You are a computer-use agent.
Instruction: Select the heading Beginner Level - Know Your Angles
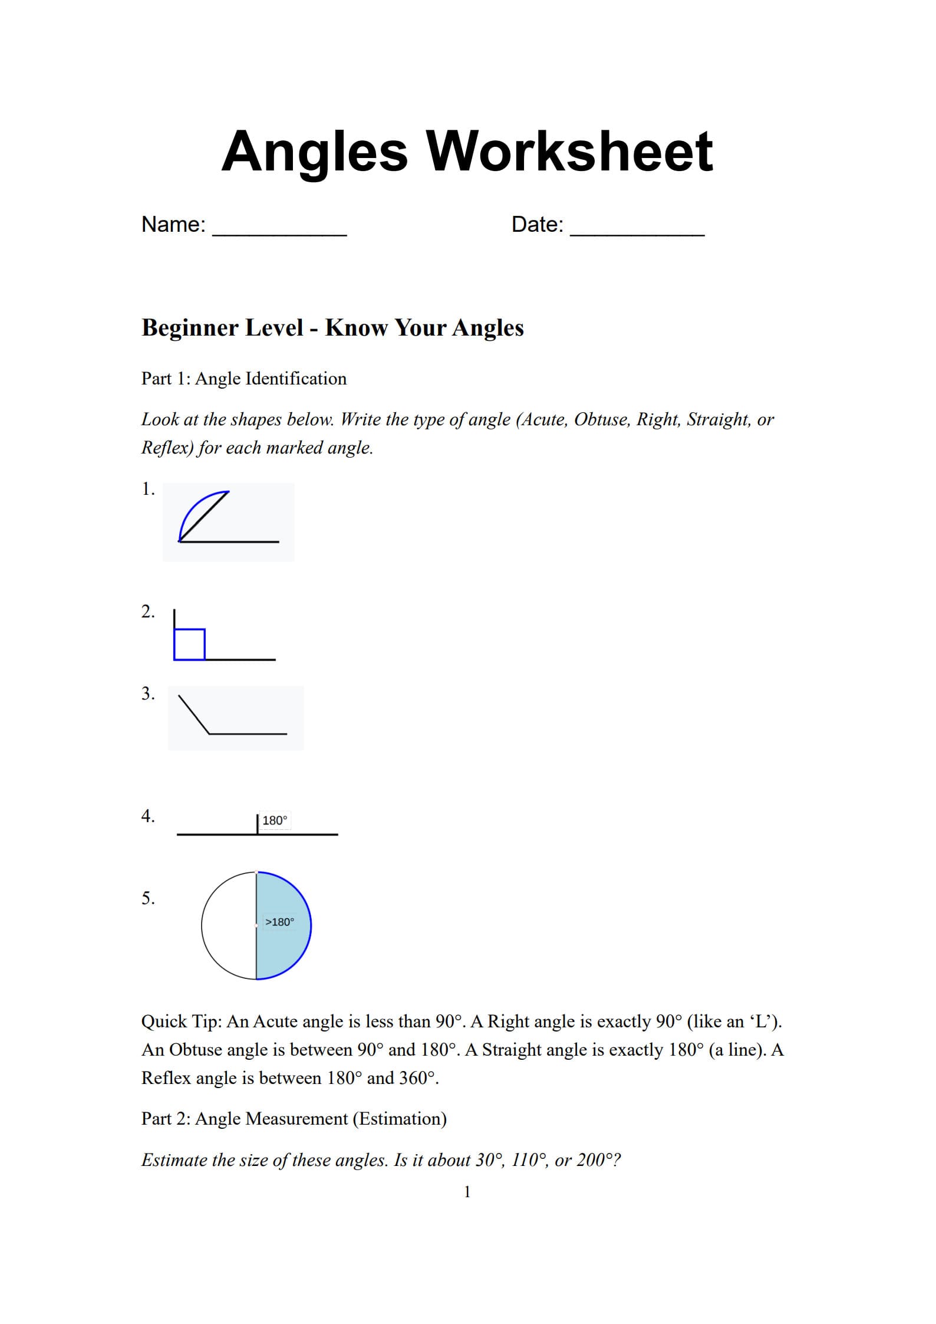click(332, 328)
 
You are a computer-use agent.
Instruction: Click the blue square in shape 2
click(189, 644)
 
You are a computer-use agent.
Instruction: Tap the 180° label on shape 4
click(275, 820)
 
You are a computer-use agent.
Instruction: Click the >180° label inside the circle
click(279, 922)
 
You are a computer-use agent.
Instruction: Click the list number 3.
click(147, 694)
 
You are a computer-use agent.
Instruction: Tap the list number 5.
click(148, 898)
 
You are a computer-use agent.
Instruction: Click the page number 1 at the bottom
click(467, 1192)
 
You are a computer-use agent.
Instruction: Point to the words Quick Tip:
click(181, 1021)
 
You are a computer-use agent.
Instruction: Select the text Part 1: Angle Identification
click(244, 379)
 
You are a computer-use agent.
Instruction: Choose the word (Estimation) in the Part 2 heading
click(400, 1119)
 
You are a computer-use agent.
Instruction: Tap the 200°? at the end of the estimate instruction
click(598, 1160)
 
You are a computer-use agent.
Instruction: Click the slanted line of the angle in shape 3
click(194, 715)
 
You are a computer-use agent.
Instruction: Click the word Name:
click(173, 225)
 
